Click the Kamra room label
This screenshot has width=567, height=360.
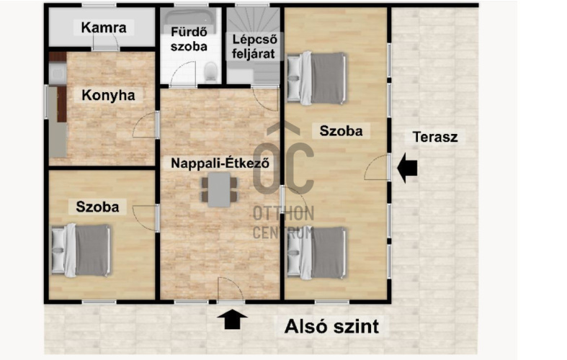pos(104,29)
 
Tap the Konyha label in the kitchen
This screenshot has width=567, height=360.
pos(108,95)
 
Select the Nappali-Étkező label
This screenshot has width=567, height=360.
pos(220,163)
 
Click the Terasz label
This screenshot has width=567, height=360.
pos(434,137)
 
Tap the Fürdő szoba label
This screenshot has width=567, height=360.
pos(189,39)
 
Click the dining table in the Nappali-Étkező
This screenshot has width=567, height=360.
pos(219,190)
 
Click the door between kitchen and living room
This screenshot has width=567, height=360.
pos(149,125)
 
